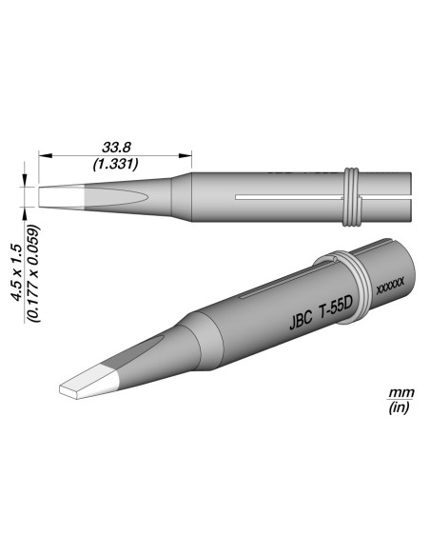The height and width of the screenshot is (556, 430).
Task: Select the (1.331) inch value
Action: pyautogui.click(x=116, y=163)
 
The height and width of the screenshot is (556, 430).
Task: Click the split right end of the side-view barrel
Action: pyautogui.click(x=400, y=199)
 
